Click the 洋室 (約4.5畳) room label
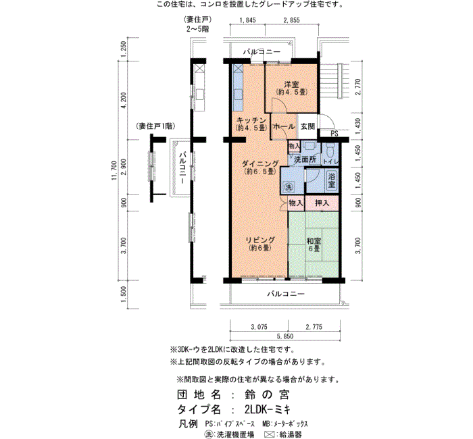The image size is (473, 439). click(291, 88)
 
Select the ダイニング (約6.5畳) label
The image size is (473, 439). click(260, 167)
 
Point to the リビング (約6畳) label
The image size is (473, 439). click(260, 244)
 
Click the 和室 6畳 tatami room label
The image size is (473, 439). click(314, 244)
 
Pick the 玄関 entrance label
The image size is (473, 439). click(307, 126)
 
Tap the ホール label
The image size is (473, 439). click(284, 127)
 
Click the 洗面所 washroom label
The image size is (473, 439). click(305, 159)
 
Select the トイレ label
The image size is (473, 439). click(331, 162)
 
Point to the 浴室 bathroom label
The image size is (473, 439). click(332, 180)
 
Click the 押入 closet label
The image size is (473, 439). click(322, 203)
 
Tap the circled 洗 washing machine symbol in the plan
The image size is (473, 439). click(289, 187)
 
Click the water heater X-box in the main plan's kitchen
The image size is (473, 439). click(238, 68)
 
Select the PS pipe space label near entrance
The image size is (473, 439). click(334, 133)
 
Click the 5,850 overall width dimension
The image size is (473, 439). click(285, 336)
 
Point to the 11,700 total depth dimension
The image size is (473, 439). click(114, 171)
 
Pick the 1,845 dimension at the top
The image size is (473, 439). click(248, 20)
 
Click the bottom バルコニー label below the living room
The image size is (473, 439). click(286, 293)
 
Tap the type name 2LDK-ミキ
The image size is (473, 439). click(268, 409)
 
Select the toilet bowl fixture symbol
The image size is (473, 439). click(329, 149)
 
